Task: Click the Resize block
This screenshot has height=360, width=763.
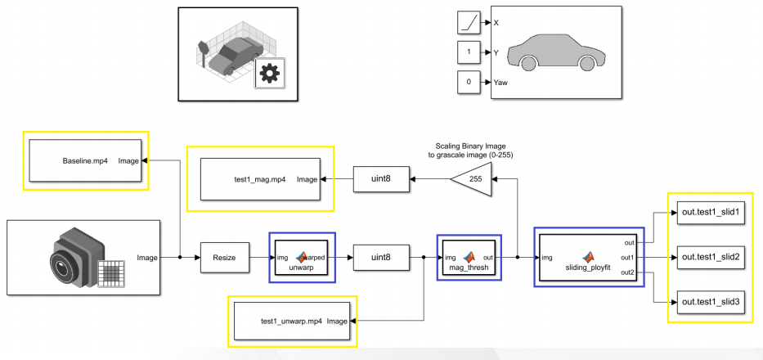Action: (x=224, y=258)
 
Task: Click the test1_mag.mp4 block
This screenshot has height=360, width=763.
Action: (x=261, y=178)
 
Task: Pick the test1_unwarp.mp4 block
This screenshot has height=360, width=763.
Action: (x=292, y=321)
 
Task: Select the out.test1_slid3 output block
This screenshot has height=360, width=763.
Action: (x=710, y=301)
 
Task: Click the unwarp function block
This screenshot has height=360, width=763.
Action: (x=301, y=258)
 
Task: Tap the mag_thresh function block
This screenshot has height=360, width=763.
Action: (x=469, y=258)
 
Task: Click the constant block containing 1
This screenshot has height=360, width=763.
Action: (x=469, y=53)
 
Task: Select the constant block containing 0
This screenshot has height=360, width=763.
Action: (x=469, y=83)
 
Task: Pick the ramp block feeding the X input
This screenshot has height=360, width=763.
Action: (x=469, y=23)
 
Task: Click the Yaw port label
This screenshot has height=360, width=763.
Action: (x=501, y=83)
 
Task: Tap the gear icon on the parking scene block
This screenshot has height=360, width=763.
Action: (x=267, y=74)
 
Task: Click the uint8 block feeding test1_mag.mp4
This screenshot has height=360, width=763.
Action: (x=381, y=178)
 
